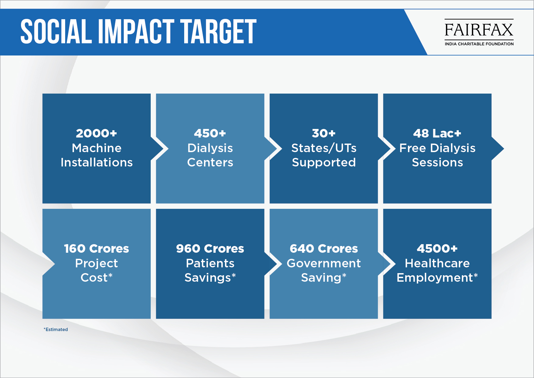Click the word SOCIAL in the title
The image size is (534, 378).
(x=56, y=31)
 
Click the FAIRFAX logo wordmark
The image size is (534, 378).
(x=479, y=30)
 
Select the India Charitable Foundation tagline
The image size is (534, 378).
(x=479, y=44)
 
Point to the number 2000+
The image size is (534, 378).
(x=97, y=133)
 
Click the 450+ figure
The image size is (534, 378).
(x=210, y=133)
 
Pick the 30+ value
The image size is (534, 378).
(x=324, y=133)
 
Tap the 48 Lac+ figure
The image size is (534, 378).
(x=437, y=133)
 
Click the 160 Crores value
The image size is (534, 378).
(x=97, y=248)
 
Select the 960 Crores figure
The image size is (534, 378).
(x=210, y=248)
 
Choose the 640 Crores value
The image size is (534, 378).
(x=324, y=248)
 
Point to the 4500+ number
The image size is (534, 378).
(x=437, y=248)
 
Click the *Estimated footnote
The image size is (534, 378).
(x=56, y=330)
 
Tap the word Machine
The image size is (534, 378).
(x=97, y=148)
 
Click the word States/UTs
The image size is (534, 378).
(x=324, y=148)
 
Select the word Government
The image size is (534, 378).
(x=324, y=263)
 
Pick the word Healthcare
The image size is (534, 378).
(x=437, y=263)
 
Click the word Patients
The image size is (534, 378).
(x=210, y=263)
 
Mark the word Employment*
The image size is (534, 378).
(x=437, y=278)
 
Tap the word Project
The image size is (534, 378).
(x=97, y=263)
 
